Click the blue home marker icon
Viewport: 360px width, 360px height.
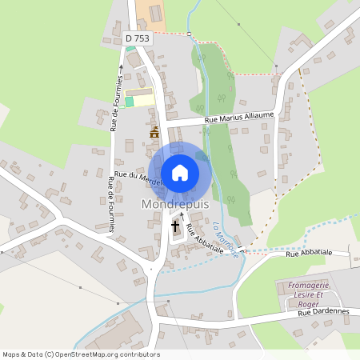pos(180,172)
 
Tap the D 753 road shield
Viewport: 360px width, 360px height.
pos(137,38)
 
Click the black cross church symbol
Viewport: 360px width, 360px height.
pos(176,227)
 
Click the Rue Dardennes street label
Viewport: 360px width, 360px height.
pos(325,311)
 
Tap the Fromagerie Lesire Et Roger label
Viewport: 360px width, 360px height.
pos(303,293)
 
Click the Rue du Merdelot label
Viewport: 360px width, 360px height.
pos(138,177)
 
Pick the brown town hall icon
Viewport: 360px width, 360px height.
pos(154,132)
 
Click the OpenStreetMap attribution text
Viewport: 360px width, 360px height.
pos(81,354)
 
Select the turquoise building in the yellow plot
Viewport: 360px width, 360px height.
pos(130,101)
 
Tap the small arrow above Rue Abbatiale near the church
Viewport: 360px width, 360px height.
pos(183,214)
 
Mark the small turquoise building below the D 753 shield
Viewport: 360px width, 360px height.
pos(130,46)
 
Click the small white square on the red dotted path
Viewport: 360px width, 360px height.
pos(190,34)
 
